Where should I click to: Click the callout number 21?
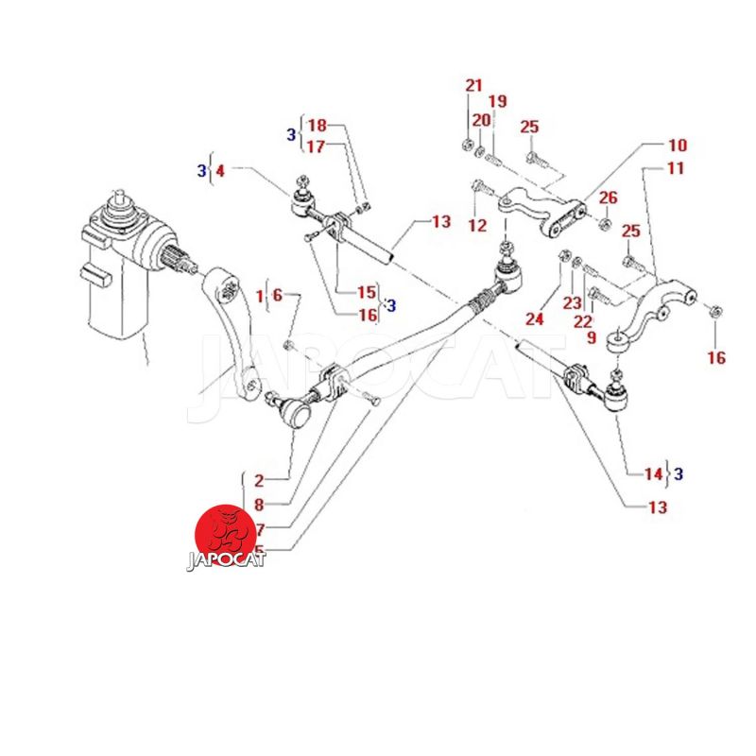coord(473,86)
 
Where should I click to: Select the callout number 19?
coord(497,102)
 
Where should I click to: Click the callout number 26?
coord(608,198)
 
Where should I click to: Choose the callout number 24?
coord(535,319)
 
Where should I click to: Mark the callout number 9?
coord(590,336)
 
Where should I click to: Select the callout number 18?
coord(317,126)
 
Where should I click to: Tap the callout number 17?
coord(315,146)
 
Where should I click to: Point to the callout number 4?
coord(220,171)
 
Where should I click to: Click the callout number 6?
coord(277,295)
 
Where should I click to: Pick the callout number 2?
coord(258,480)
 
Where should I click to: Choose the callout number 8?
coord(259,505)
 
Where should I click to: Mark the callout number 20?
coord(482,120)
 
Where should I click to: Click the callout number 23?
coord(571,303)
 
